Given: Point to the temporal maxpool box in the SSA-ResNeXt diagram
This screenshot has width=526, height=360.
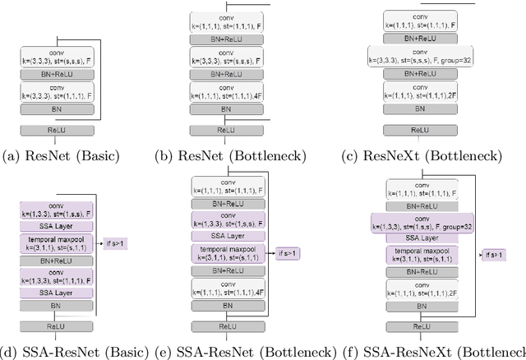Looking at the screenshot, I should pos(420,253).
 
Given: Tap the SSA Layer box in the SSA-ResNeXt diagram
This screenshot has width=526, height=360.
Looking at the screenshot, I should pos(420,235).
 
